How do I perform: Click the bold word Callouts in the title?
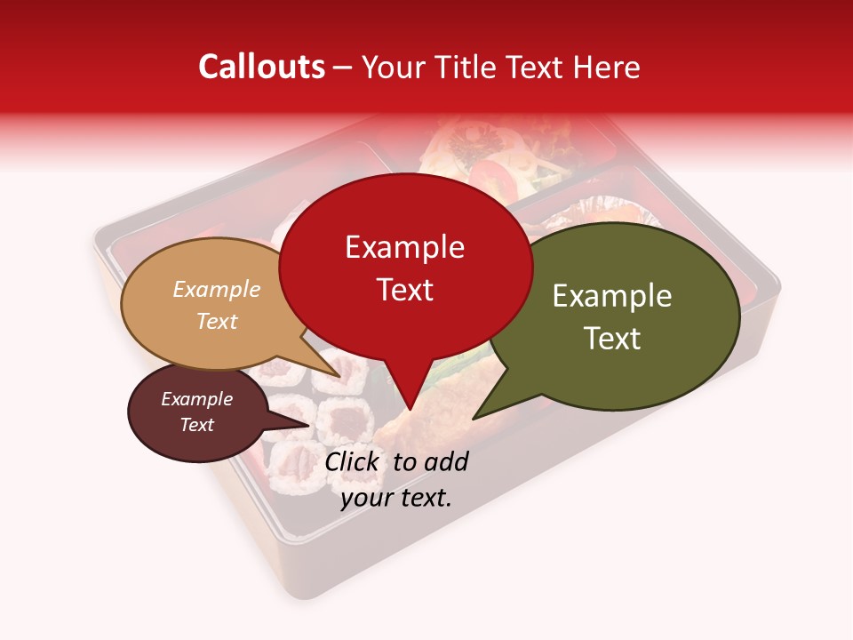(x=261, y=67)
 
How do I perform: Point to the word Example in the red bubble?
(x=405, y=246)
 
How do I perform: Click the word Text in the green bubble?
(x=612, y=339)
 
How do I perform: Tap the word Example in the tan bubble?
(x=216, y=289)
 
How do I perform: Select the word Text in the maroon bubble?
(x=197, y=425)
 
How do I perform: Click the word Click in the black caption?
(x=353, y=461)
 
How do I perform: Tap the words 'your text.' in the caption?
(x=396, y=497)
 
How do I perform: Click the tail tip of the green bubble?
(x=473, y=419)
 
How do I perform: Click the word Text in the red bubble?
(x=405, y=290)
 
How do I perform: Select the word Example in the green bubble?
(x=612, y=296)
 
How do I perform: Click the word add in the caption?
(x=445, y=461)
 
